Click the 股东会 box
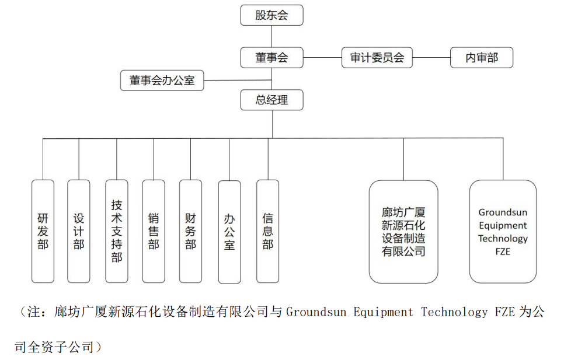pos(271,15)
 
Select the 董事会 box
pos(271,58)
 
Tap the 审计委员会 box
pos(377,58)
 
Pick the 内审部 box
pos(482,58)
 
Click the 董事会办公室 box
pos(162,81)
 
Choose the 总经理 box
pos(271,100)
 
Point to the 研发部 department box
pos(43,231)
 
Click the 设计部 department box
pos(79,231)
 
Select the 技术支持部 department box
pos(116,231)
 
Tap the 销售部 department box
pos(154,231)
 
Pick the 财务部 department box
pos(190,231)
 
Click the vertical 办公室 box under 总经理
pos(229,232)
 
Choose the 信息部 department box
pos(267,231)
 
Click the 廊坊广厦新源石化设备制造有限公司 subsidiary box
pos(403,232)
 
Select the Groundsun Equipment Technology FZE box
pos(503,232)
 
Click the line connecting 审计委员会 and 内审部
pos(431,58)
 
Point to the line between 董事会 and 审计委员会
pos(322,58)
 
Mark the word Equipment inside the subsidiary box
pos(503,225)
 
